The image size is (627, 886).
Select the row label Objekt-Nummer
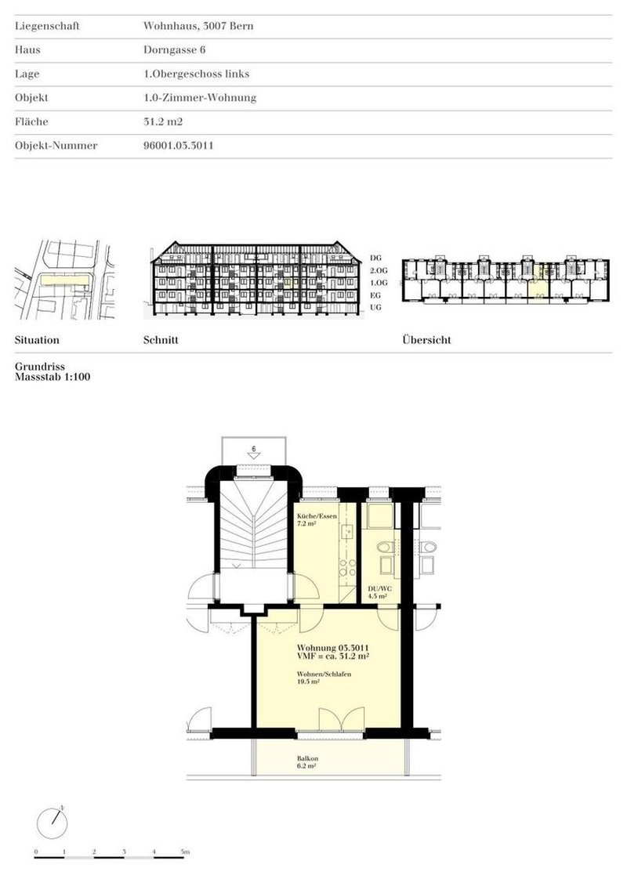click(x=56, y=146)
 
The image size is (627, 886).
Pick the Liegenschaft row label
click(x=47, y=26)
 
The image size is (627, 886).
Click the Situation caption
click(x=37, y=341)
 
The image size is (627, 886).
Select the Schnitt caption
click(x=161, y=341)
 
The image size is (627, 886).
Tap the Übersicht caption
click(x=426, y=341)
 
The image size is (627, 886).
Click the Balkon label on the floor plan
click(x=306, y=760)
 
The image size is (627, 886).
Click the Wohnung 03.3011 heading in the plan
click(x=333, y=648)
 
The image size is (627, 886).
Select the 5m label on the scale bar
click(x=186, y=851)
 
